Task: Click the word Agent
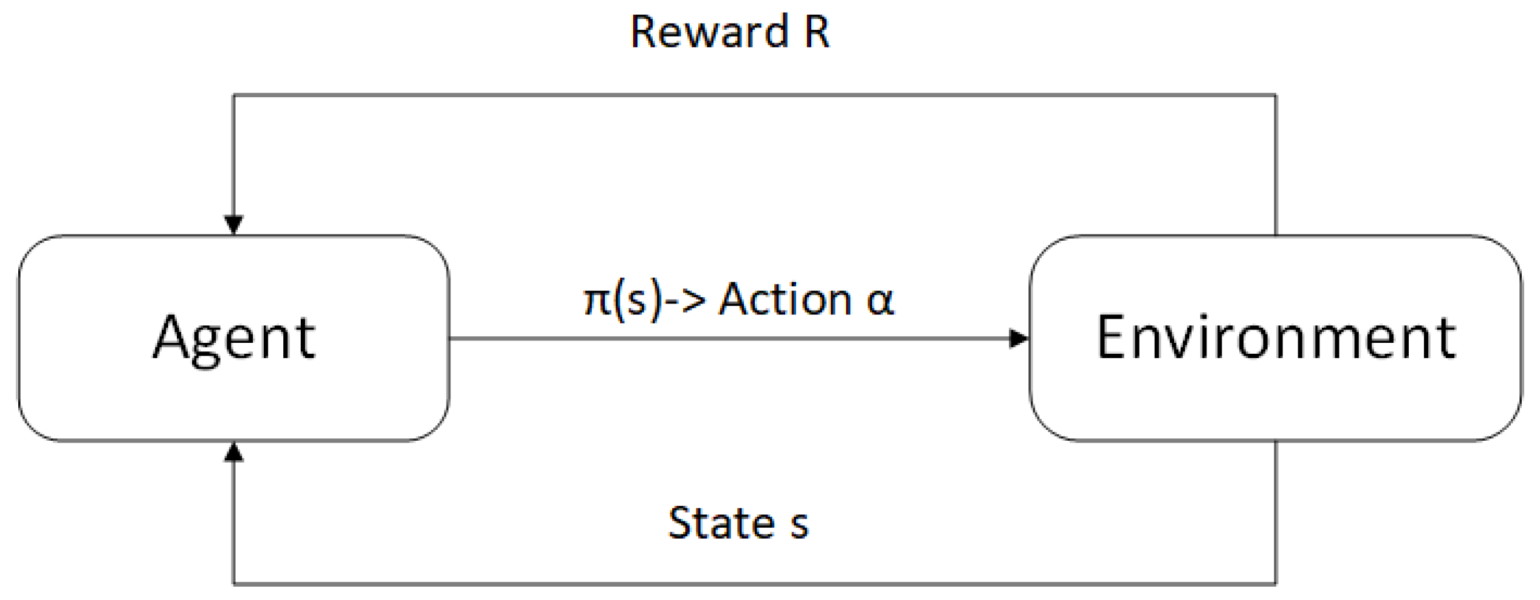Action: tap(234, 338)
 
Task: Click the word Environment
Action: tap(1276, 338)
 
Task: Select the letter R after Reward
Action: tap(816, 32)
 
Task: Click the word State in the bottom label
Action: tap(721, 523)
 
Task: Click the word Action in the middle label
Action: tap(785, 299)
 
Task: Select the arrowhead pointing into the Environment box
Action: tap(1019, 339)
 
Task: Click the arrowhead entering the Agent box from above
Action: tap(234, 225)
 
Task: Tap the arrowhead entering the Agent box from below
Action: tap(234, 452)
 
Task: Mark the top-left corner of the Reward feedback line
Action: tap(234, 95)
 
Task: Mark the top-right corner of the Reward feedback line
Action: tap(1276, 95)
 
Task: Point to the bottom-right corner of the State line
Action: tap(1276, 584)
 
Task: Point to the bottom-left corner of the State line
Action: tap(234, 584)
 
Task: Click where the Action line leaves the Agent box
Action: tap(450, 339)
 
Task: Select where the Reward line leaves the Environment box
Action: tap(1276, 235)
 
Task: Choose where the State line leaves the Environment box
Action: tap(1276, 441)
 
